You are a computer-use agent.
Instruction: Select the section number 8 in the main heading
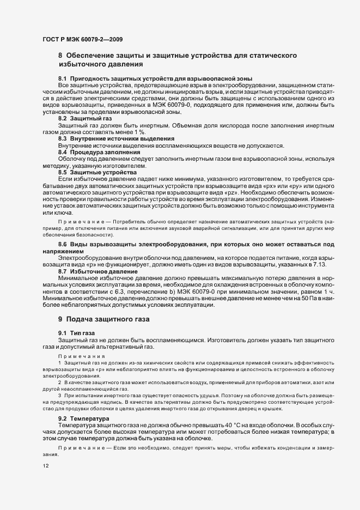coord(60,56)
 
